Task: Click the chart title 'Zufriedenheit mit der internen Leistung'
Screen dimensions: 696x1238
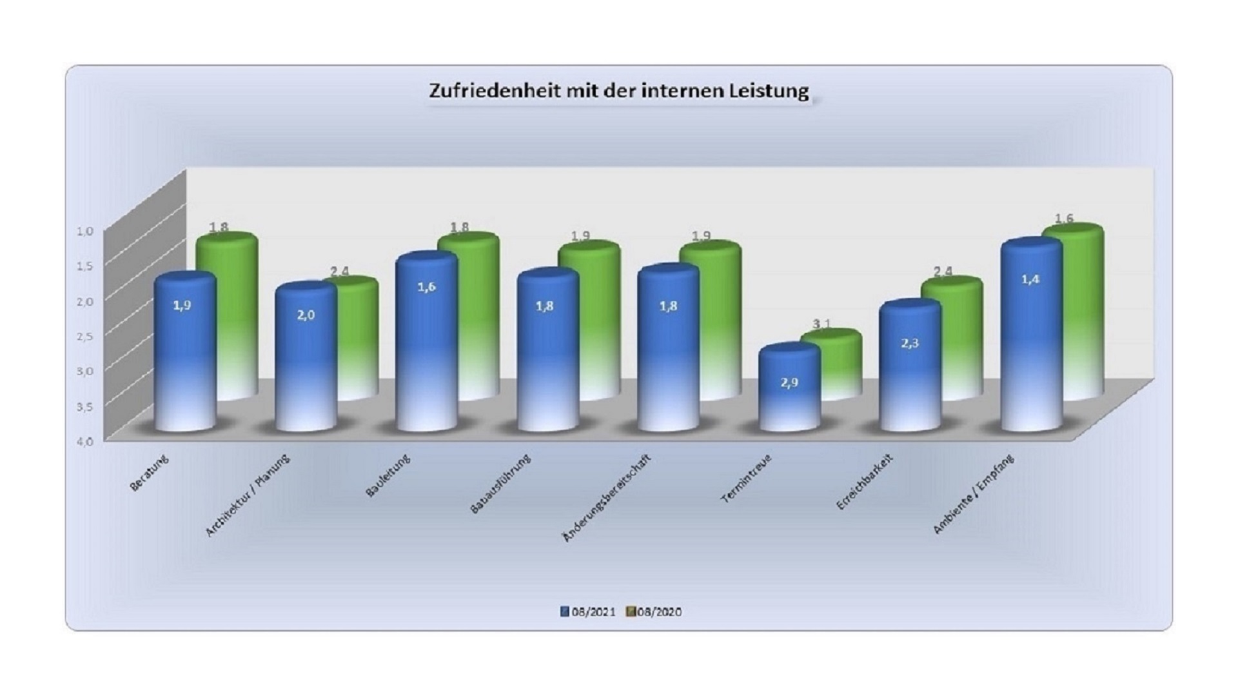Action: point(618,91)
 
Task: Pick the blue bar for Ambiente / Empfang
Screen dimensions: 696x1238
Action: point(1030,335)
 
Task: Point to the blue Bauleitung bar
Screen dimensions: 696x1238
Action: point(426,342)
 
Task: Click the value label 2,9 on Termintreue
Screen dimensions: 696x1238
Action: point(789,383)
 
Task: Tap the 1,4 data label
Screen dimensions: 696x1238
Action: point(1030,279)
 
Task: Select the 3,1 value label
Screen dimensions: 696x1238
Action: point(821,323)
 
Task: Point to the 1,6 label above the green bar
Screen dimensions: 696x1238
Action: point(1064,219)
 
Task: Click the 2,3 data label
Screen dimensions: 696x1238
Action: point(910,343)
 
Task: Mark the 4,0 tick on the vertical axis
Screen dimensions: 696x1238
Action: point(86,441)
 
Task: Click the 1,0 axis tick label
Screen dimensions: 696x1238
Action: point(86,231)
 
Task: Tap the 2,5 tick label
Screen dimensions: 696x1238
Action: point(86,336)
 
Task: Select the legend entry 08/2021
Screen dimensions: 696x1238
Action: point(588,612)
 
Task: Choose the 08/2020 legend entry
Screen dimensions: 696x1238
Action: point(654,612)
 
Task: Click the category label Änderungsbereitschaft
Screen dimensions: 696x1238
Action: point(607,497)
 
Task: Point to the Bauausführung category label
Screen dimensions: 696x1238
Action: point(500,484)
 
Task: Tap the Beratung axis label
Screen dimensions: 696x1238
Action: point(150,473)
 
